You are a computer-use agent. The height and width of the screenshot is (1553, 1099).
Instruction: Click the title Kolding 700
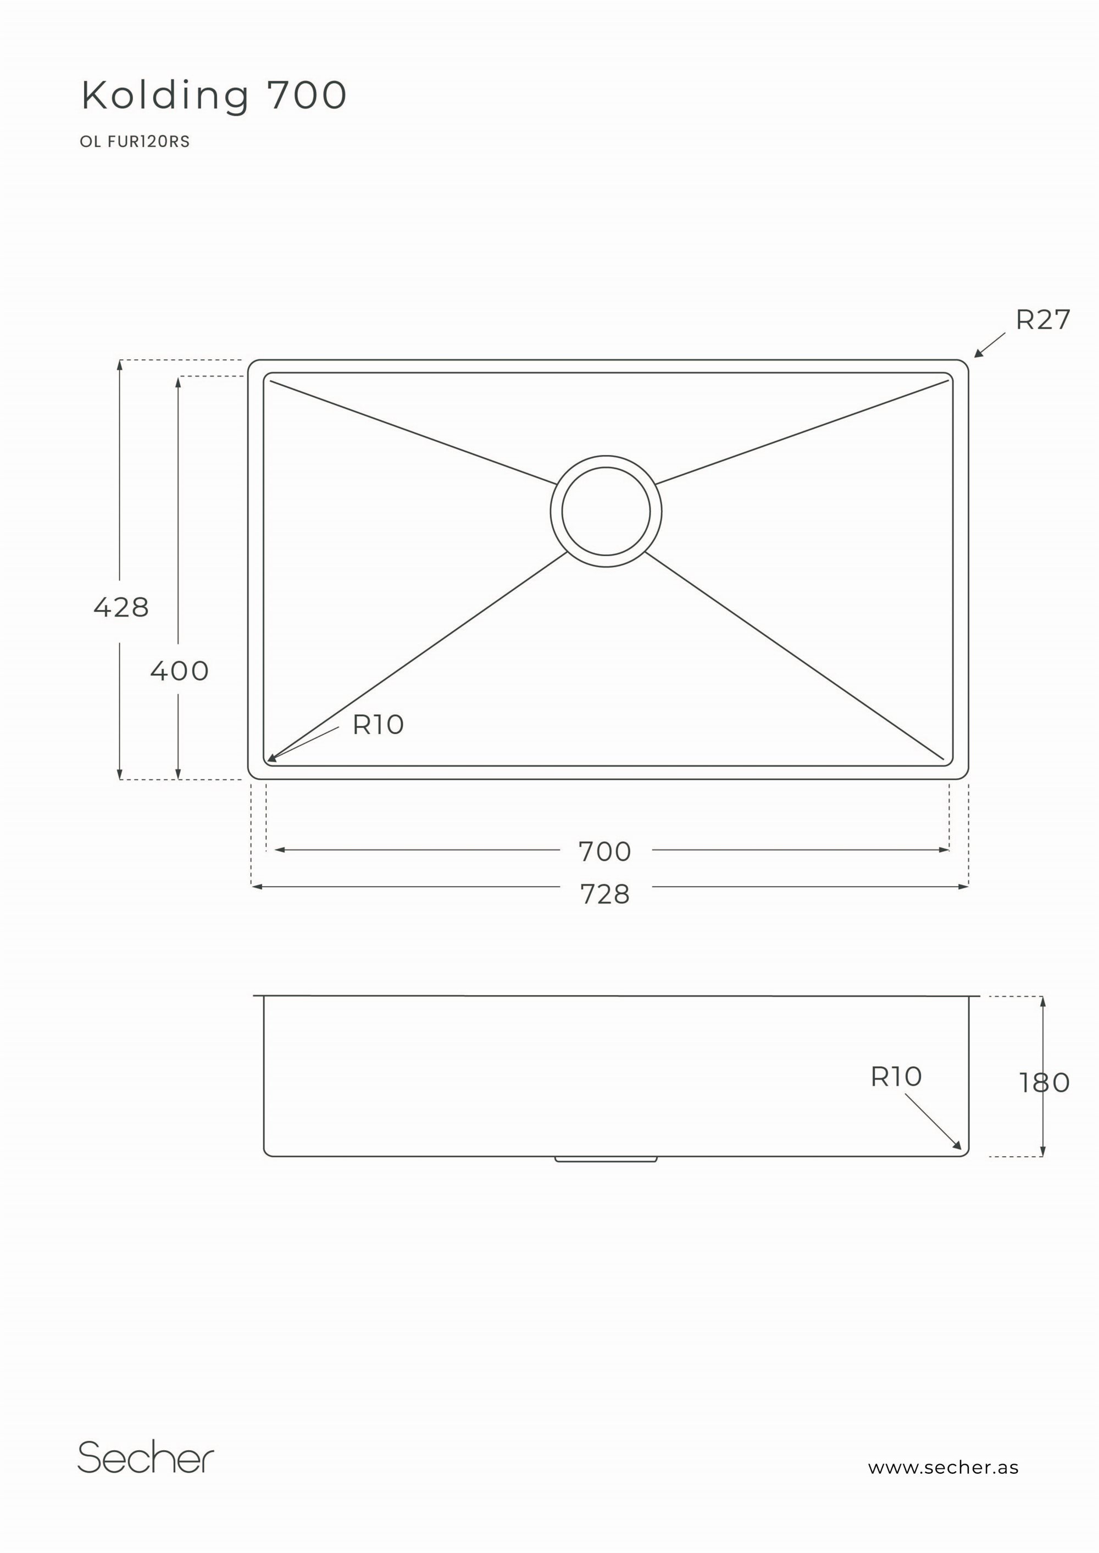[x=214, y=96]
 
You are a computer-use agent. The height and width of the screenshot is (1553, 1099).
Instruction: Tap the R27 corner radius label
[x=1043, y=320]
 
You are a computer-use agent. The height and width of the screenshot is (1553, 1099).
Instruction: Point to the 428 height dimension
[x=121, y=607]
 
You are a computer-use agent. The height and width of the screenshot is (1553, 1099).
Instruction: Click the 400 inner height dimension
[x=179, y=670]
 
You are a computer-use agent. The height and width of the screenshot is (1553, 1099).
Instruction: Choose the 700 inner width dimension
[x=604, y=851]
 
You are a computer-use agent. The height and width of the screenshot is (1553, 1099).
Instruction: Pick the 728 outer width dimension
[x=605, y=895]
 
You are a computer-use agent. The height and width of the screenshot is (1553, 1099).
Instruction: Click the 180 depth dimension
[x=1044, y=1083]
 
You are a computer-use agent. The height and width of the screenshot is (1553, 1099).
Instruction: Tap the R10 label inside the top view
[x=378, y=725]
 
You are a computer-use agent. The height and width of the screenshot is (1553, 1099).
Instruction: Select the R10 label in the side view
[x=896, y=1077]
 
